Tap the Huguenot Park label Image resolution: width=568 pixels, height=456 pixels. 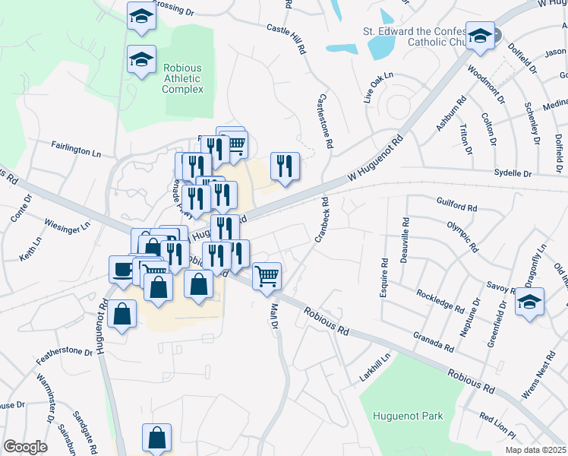[408, 416]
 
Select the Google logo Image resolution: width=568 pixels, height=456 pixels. [25, 447]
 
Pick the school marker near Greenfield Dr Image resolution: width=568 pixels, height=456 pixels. [529, 301]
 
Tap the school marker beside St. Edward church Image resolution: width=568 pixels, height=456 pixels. [480, 35]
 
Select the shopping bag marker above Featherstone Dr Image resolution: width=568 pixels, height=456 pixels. [121, 313]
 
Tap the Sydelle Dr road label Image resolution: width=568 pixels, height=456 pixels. [513, 174]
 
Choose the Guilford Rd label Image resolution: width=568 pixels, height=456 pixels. [456, 206]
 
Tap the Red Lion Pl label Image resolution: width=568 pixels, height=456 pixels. [497, 426]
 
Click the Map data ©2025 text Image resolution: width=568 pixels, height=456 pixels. [535, 449]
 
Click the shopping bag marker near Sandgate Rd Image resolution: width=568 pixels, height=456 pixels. [156, 438]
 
